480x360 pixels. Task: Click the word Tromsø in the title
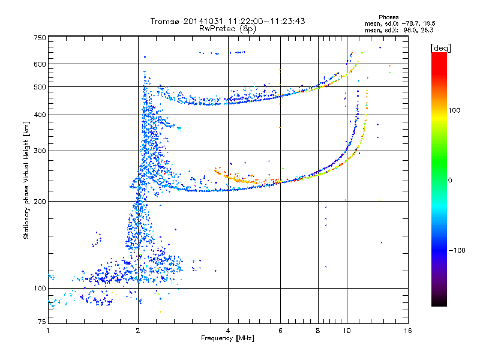[x=166, y=21]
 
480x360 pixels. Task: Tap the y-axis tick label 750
[x=40, y=38]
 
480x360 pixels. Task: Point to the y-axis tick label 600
[x=40, y=64]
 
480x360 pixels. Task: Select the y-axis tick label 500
[x=40, y=87]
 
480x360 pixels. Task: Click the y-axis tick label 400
[x=40, y=115]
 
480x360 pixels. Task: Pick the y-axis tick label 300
[x=40, y=151]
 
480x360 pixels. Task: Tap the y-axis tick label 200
[x=40, y=201]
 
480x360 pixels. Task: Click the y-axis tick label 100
[x=40, y=289]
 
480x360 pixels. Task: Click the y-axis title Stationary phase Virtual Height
[x=26, y=181]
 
